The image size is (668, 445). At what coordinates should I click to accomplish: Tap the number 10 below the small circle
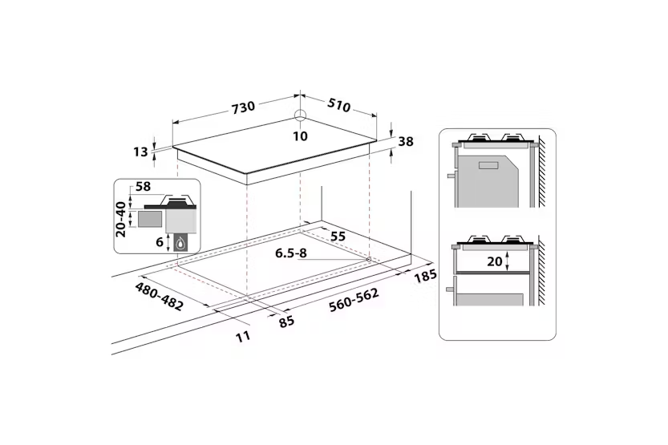pos(300,136)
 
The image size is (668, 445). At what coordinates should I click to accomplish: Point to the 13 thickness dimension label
pos(141,152)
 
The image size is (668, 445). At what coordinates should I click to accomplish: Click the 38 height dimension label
pos(406,142)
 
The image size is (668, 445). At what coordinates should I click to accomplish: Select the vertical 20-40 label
pos(121,219)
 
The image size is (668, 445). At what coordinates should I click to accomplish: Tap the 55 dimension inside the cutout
pos(338,237)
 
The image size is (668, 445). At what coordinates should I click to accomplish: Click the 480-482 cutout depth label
pos(157,295)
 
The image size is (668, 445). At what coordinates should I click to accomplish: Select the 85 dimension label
pos(285,321)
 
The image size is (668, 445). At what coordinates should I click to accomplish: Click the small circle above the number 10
pos(300,116)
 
